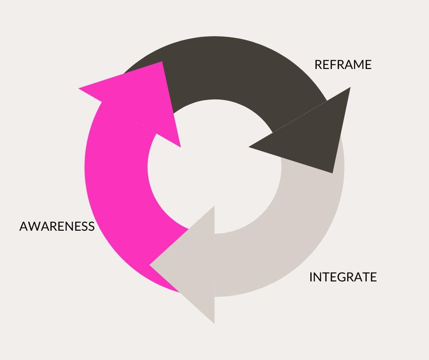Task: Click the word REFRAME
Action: coord(343,65)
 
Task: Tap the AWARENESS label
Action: coord(57,226)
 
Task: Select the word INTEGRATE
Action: coord(343,277)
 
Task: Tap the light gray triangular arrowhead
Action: coord(192,265)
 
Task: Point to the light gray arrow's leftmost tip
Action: coord(150,265)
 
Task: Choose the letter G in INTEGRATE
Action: coord(338,277)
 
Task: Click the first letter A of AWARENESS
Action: coord(24,226)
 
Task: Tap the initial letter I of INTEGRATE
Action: coord(311,277)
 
